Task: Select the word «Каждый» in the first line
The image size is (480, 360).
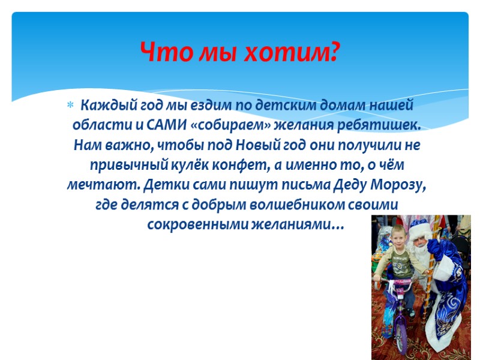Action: pos(104,106)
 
